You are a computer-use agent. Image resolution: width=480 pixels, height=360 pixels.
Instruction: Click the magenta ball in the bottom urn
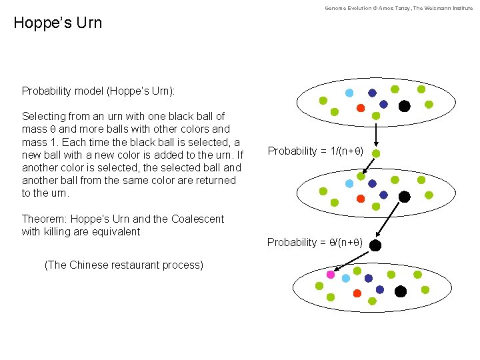330,274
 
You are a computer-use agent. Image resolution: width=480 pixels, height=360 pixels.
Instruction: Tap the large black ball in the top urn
404,105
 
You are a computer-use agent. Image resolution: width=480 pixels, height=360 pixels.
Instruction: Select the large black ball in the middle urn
404,197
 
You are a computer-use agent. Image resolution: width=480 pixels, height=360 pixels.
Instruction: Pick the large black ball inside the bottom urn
400,291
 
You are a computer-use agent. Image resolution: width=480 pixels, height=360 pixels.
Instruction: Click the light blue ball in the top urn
349,93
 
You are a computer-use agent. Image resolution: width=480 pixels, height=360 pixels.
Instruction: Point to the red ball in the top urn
361,108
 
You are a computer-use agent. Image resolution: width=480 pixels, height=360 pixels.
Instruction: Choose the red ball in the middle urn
361,199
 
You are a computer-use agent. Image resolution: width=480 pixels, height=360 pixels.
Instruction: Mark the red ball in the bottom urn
357,293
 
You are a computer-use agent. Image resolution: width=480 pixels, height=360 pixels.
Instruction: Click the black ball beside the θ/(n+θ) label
375,245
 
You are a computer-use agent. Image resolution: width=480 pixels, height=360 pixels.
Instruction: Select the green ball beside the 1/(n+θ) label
376,153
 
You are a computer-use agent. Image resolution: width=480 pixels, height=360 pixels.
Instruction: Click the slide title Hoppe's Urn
58,23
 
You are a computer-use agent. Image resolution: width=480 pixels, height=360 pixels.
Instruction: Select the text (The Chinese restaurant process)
123,265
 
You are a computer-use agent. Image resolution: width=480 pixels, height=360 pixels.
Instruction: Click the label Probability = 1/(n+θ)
315,151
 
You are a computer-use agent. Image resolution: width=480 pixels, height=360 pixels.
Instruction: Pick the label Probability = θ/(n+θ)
315,242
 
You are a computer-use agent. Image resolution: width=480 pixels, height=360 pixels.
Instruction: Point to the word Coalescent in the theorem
199,219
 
